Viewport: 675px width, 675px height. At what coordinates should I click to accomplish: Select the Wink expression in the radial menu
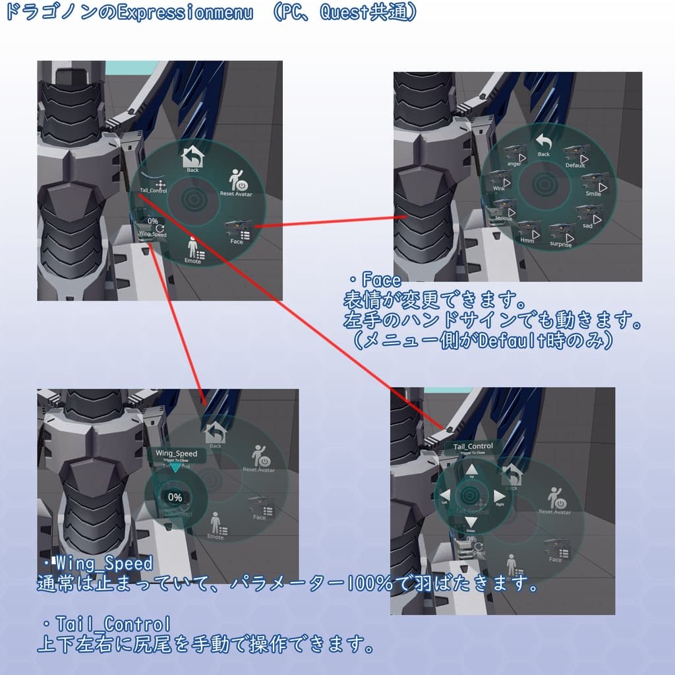[x=501, y=183]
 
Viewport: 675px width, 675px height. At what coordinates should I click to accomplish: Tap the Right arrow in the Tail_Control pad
[x=499, y=496]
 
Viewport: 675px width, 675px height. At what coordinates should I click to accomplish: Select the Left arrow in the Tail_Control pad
[x=445, y=496]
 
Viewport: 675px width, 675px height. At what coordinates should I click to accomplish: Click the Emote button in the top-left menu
[x=193, y=250]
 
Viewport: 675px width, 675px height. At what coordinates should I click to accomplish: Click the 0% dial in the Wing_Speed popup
[x=175, y=497]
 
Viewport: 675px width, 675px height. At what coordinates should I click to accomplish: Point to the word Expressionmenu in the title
[x=185, y=13]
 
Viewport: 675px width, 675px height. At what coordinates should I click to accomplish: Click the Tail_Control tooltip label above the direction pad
[x=473, y=447]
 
